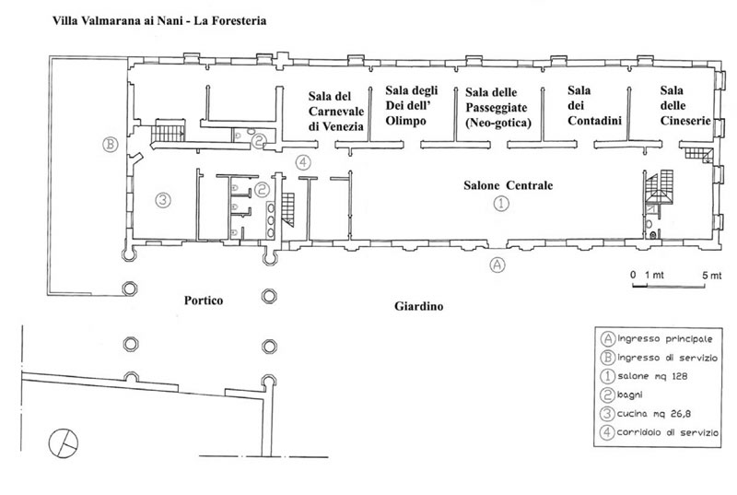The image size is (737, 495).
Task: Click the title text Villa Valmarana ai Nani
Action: click(117, 20)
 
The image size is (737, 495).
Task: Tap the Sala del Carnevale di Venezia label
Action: click(336, 112)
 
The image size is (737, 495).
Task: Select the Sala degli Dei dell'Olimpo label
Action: click(412, 105)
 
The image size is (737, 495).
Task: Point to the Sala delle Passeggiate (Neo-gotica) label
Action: click(498, 107)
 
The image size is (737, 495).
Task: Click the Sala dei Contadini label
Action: click(594, 105)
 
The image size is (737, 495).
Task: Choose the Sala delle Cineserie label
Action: click(685, 105)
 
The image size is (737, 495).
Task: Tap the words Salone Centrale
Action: click(509, 185)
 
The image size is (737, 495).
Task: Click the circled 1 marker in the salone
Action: click(501, 204)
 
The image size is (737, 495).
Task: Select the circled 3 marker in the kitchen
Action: click(163, 200)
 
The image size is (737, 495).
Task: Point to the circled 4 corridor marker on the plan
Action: click(304, 162)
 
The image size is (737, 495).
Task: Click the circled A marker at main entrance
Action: click(497, 265)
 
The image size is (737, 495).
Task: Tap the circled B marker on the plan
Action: click(110, 144)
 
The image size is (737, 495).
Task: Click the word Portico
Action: click(204, 301)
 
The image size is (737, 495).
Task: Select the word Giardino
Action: click(419, 307)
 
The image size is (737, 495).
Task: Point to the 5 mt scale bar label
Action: click(711, 276)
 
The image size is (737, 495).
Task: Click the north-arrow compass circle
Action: click(64, 442)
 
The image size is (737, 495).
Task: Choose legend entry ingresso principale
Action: click(657, 338)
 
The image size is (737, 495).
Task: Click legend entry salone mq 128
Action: click(644, 376)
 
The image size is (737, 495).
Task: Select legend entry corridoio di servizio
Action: click(660, 432)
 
